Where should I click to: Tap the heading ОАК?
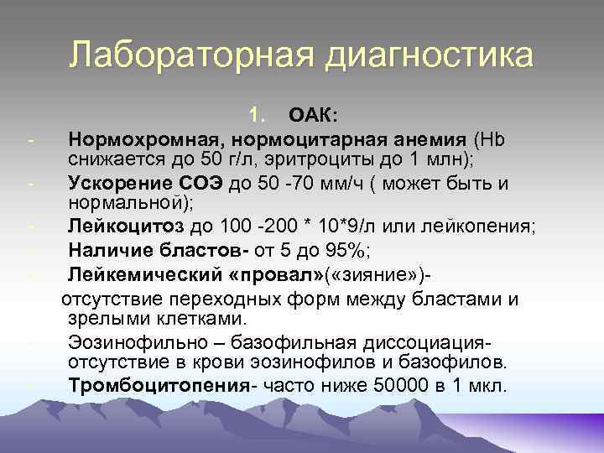313,114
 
